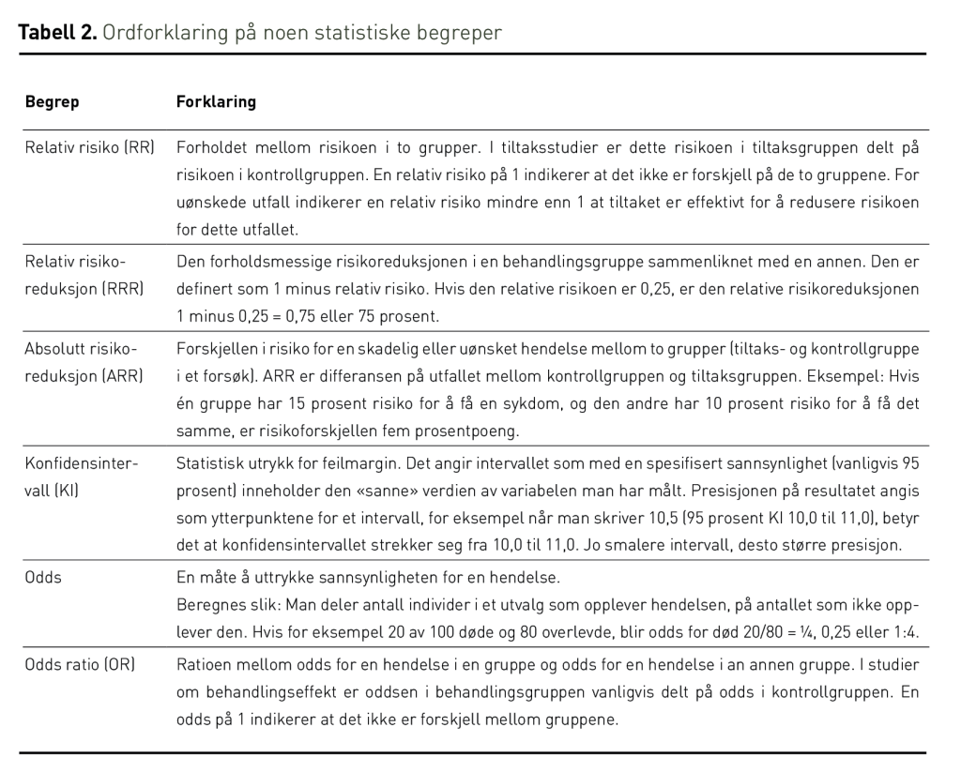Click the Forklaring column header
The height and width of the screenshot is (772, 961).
tap(216, 101)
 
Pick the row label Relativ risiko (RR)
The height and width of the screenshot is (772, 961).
tap(89, 148)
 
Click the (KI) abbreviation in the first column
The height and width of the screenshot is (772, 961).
tap(64, 490)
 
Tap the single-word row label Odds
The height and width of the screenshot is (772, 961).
tap(43, 577)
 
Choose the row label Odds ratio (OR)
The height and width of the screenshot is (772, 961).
tap(80, 664)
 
